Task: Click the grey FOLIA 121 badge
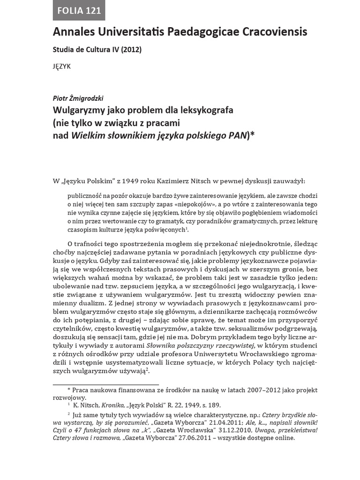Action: coord(79,11)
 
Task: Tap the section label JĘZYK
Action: coord(62,66)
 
